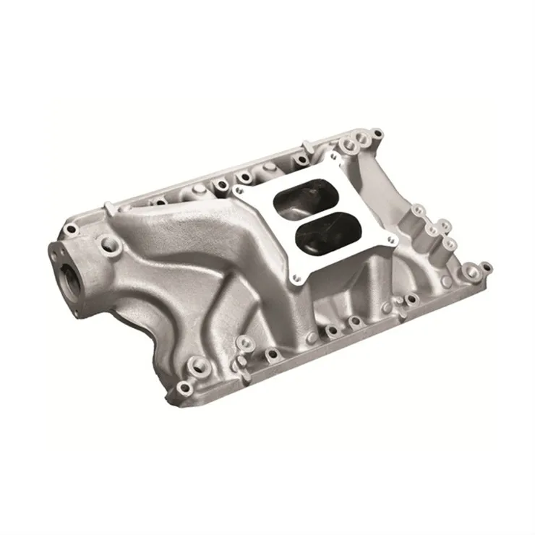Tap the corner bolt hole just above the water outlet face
(71, 230)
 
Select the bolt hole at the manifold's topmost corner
(376, 134)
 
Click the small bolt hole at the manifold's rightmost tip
(486, 267)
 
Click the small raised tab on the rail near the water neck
(108, 207)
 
